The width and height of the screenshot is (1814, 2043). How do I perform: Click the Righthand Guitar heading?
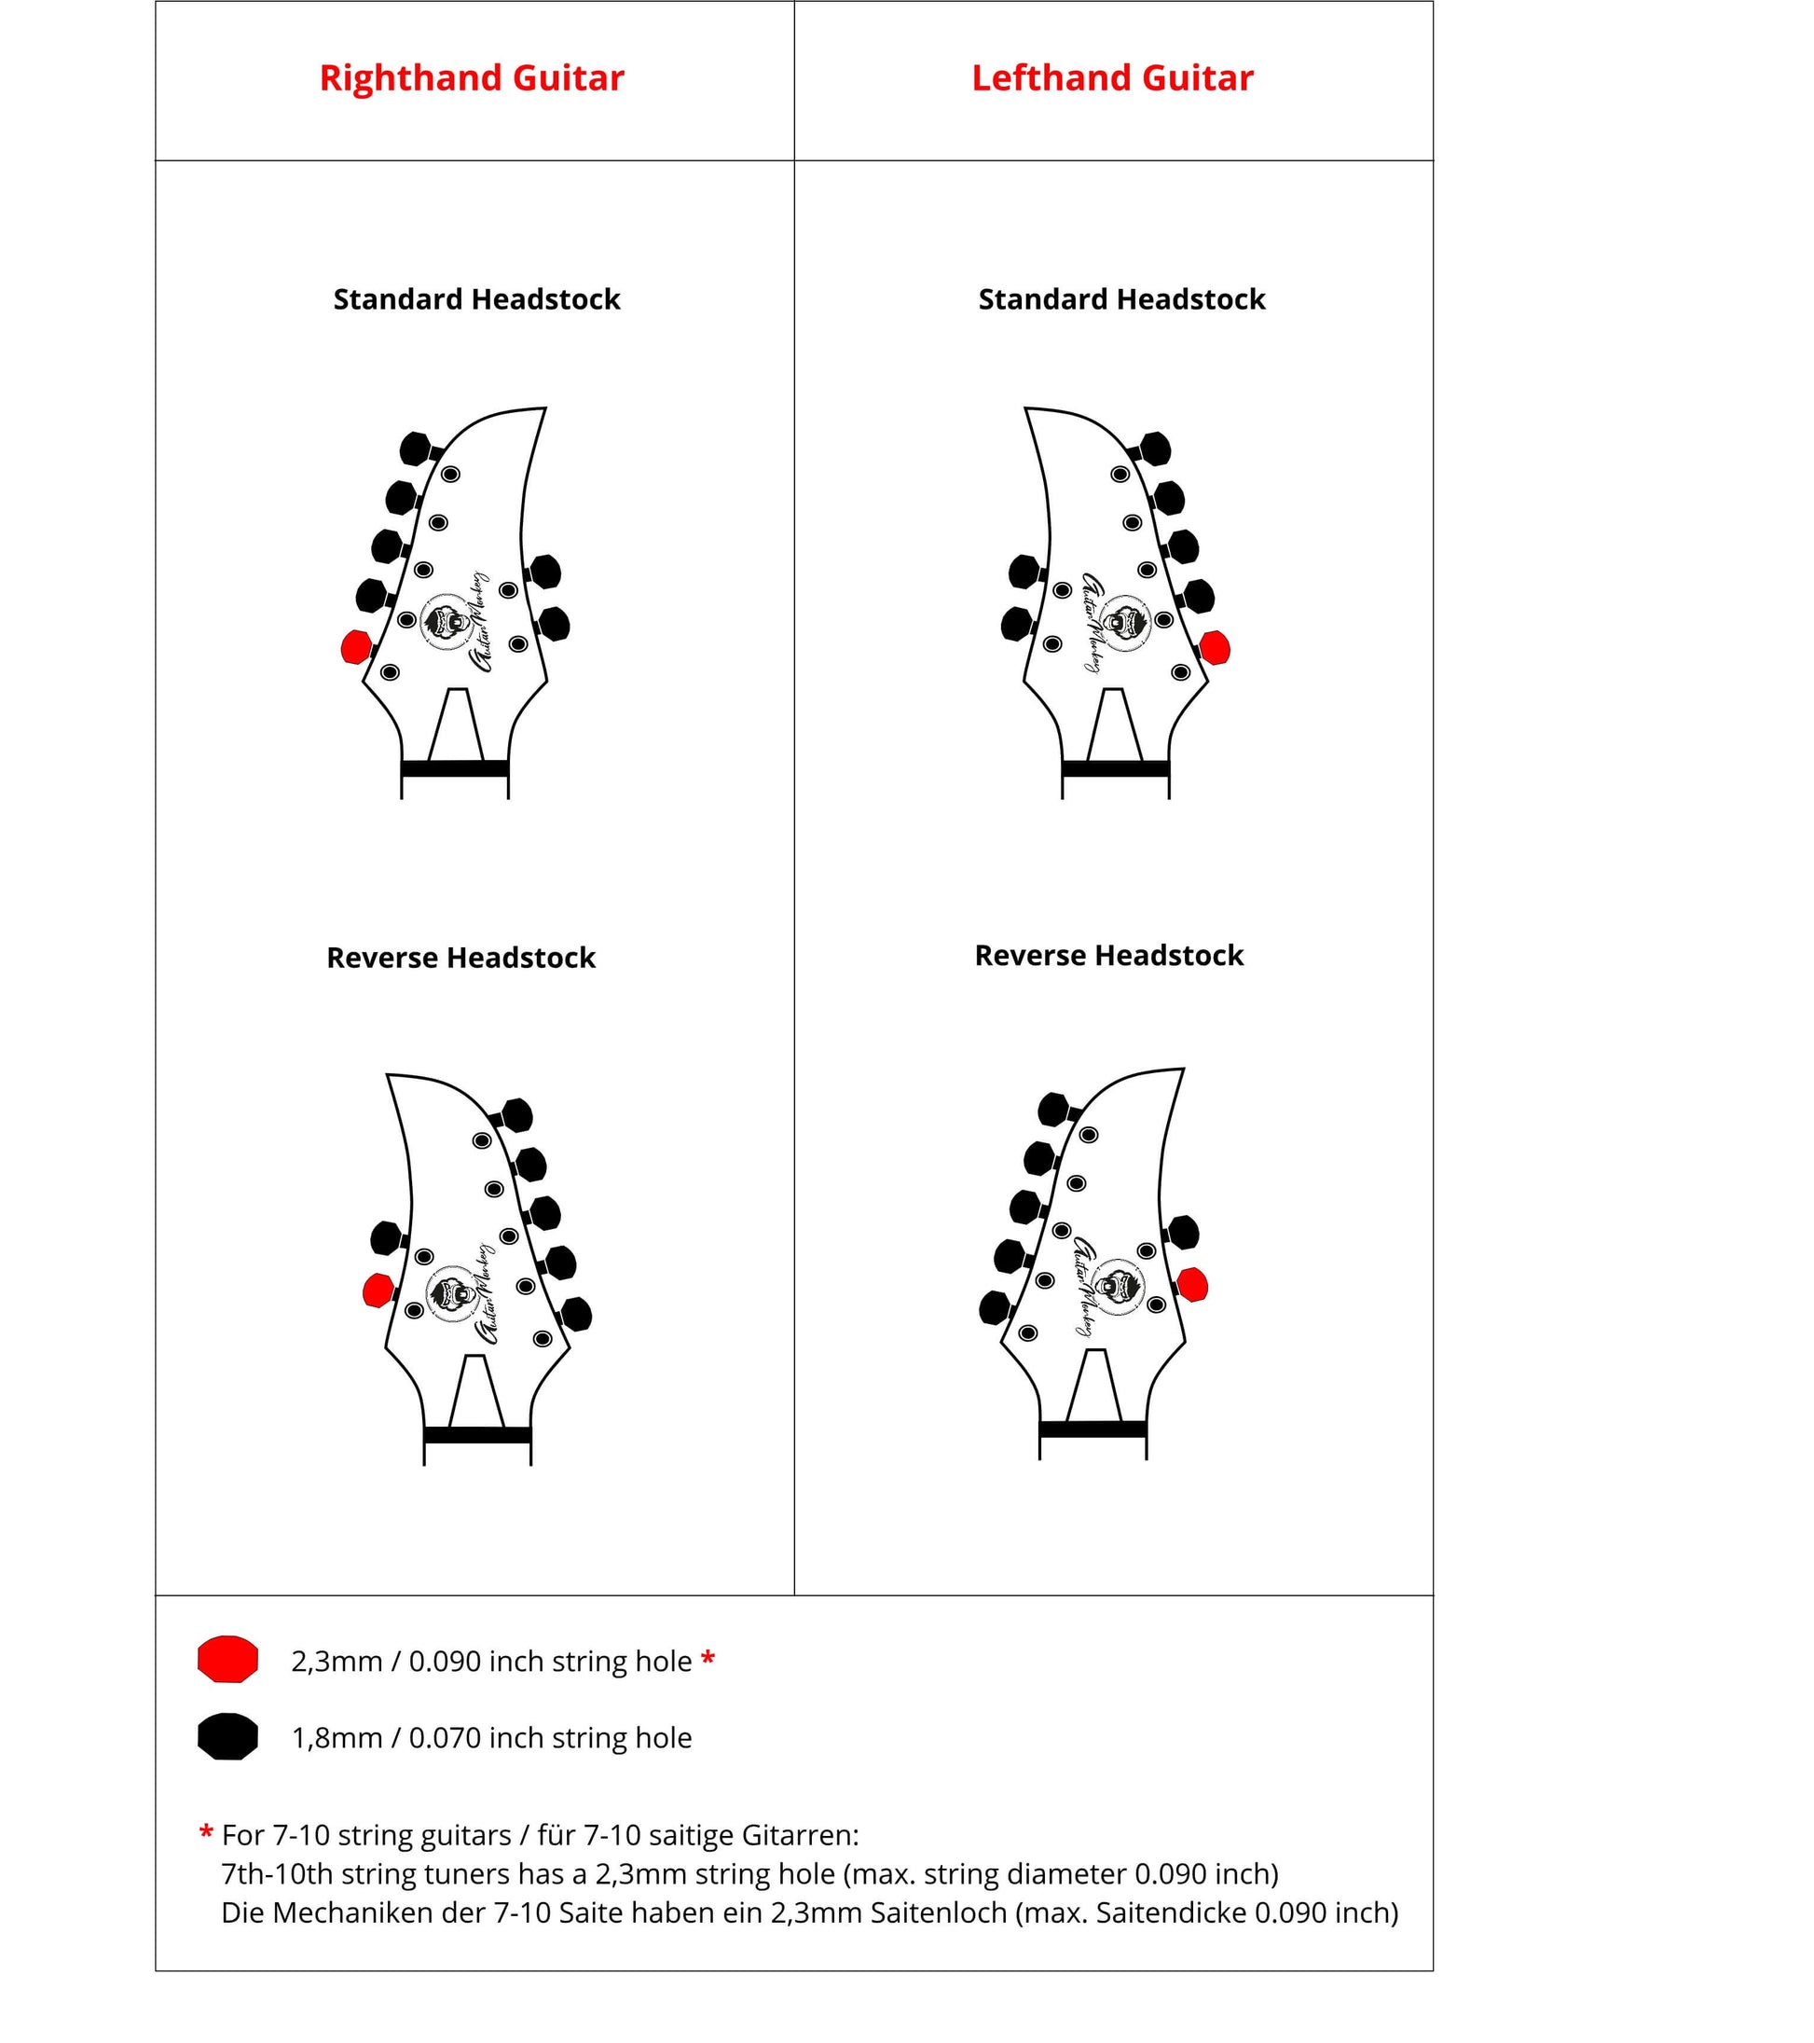(x=471, y=78)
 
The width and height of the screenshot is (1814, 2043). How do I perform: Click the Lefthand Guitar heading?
(x=1111, y=78)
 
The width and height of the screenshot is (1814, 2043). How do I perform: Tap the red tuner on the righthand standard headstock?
(x=356, y=647)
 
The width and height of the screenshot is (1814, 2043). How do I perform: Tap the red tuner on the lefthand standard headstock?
(x=1215, y=648)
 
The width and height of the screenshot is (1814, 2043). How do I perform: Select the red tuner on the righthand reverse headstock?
(x=377, y=1291)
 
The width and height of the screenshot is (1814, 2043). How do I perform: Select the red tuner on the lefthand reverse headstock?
(x=1192, y=1284)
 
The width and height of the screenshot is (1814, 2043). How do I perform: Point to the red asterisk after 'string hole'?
(x=708, y=1659)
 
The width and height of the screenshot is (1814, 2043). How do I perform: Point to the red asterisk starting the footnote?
(x=206, y=1833)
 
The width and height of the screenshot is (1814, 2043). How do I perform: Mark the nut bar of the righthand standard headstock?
(x=455, y=768)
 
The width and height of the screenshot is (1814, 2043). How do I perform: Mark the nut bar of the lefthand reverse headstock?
(x=1093, y=1429)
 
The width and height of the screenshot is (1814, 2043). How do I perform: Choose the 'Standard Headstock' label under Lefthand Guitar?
(x=1121, y=299)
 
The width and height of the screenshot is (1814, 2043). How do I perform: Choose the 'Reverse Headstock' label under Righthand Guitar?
(x=460, y=958)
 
